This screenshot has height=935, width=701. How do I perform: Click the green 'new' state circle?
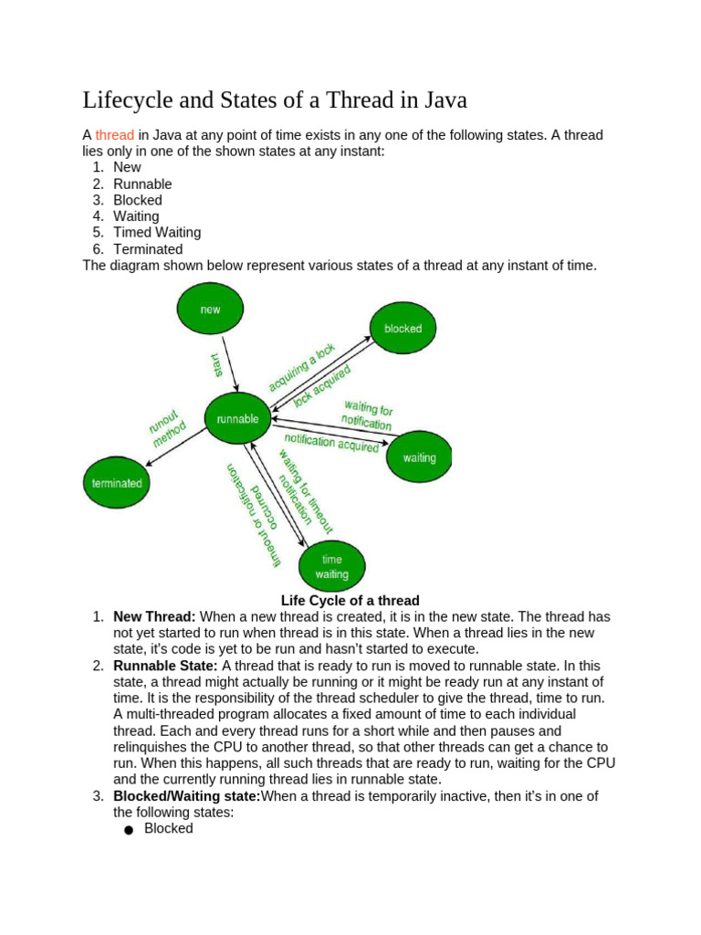point(210,309)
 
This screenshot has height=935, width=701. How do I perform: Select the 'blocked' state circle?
point(403,329)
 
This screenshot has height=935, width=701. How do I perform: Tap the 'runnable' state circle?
point(237,419)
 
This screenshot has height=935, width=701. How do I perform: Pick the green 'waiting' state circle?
point(419,457)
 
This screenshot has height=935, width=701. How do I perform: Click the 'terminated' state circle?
point(117,482)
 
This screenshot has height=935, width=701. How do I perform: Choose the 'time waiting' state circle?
point(331,566)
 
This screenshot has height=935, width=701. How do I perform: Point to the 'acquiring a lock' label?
point(302,367)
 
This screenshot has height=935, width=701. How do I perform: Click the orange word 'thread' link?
point(115,135)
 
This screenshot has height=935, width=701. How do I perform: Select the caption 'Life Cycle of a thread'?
point(350,601)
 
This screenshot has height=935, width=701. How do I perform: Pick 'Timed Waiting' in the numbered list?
point(157,233)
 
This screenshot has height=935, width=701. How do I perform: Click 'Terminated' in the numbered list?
point(148,249)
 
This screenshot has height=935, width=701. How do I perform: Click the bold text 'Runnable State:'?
point(165,667)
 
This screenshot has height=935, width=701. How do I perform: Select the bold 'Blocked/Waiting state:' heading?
point(187,796)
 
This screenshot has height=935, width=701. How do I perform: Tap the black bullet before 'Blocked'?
point(127,830)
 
